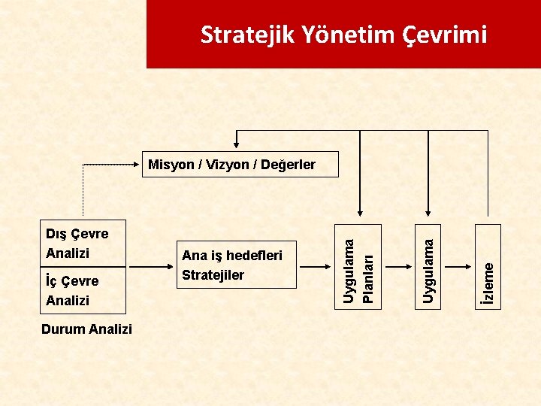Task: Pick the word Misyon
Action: (171, 164)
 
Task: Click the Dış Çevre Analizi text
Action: (77, 243)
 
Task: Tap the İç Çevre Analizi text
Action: (72, 290)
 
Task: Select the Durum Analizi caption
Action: (86, 329)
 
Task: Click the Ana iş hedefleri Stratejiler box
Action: (237, 265)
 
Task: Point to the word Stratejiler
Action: (213, 275)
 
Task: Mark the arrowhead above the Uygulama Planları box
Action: (359, 219)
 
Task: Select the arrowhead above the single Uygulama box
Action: (428, 219)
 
